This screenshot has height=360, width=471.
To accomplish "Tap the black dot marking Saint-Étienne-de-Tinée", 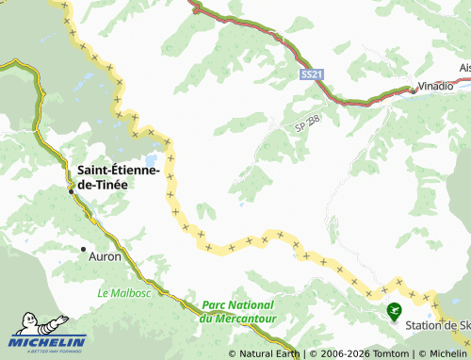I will tap(71, 190).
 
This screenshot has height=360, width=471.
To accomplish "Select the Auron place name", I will tap(104, 255).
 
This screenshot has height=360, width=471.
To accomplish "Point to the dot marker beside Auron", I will tap(82, 249).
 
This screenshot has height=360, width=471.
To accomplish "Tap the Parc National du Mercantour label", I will tap(237, 311).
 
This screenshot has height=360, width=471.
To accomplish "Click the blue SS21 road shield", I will tap(311, 74).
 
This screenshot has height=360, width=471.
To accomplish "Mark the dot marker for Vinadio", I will tap(412, 91).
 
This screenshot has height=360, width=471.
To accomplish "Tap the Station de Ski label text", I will tap(437, 326).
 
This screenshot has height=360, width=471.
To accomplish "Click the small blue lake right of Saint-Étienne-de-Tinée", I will tap(148, 159).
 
